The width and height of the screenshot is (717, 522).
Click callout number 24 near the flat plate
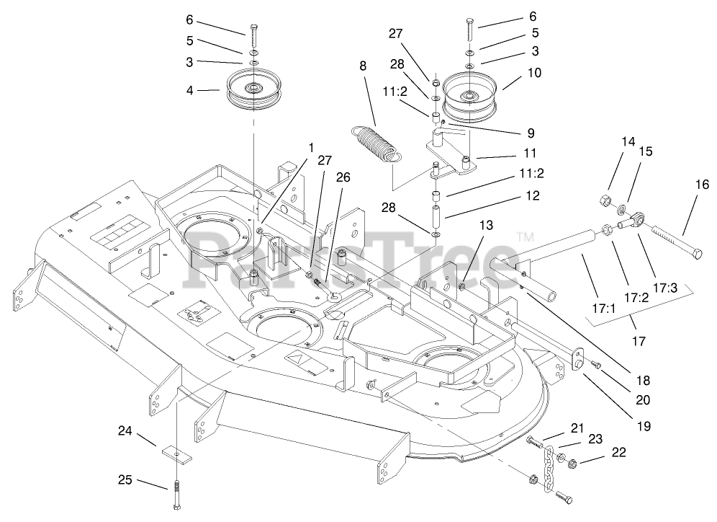(x=126, y=432)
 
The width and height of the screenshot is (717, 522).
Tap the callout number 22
(x=618, y=453)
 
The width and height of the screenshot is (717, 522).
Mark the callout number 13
(x=487, y=225)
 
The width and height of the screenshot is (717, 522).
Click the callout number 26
(x=341, y=177)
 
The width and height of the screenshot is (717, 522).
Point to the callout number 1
(x=310, y=147)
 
